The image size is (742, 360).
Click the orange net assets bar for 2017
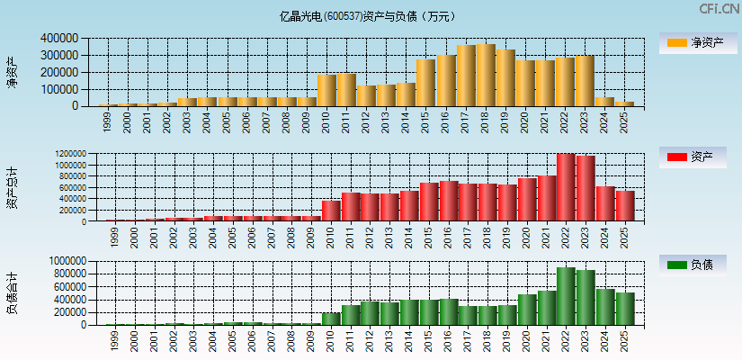466,76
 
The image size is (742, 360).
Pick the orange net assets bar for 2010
326,90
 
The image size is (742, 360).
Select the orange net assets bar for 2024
604,102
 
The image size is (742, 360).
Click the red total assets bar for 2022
565,187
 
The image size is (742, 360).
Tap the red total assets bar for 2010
331,211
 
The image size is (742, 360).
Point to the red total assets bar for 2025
624,206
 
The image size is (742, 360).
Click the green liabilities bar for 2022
565,296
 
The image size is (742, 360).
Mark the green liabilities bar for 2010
331,319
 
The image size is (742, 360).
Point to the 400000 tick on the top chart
58,39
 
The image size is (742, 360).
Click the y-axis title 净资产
12,72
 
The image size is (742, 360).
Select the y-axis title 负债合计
12,292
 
